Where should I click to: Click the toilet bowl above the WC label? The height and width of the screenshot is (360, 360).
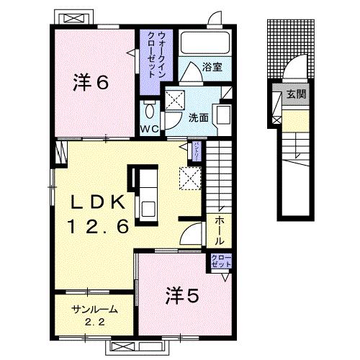[x=149, y=111]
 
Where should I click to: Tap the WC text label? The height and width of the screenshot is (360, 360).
[x=149, y=130]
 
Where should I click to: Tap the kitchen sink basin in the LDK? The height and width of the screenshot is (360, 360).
[x=148, y=208]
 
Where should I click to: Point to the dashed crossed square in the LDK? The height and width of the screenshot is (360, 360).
[x=190, y=176]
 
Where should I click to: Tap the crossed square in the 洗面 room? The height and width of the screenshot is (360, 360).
[x=174, y=100]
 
